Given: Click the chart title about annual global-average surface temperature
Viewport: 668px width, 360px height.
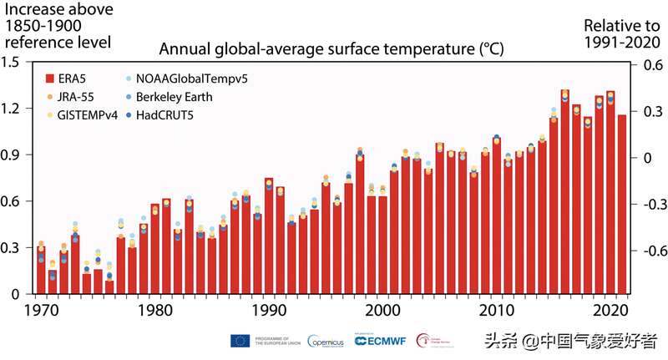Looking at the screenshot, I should [x=331, y=48].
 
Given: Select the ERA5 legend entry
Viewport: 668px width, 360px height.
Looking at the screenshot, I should [x=71, y=79].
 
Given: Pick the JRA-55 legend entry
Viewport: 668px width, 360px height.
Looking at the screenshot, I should [x=76, y=97].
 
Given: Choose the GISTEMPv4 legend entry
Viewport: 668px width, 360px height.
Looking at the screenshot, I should [x=84, y=114].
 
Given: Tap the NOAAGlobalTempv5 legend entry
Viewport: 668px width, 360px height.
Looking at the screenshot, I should [x=192, y=79].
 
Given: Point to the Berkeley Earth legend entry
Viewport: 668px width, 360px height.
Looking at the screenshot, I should [x=176, y=97].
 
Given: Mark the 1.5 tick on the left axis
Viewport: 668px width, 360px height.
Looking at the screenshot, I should [x=13, y=62].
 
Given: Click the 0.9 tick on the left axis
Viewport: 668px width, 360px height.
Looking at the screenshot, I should [x=13, y=155].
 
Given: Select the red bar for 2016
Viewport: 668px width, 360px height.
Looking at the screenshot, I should [x=565, y=192].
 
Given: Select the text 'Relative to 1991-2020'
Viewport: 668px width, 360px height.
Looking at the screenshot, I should [x=616, y=33].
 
